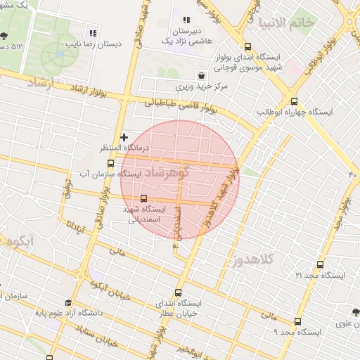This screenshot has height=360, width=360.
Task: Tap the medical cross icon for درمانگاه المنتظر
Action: tap(124, 137)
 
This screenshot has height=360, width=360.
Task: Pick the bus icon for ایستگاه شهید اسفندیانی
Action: tap(144, 198)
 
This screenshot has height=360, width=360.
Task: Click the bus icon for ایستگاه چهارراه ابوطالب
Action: tap(293, 101)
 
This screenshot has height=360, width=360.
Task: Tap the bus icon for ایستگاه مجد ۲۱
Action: tap(320, 265)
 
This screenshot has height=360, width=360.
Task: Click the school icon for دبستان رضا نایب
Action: tap(93, 33)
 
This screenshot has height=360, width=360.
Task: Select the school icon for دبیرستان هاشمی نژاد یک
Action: tap(186, 20)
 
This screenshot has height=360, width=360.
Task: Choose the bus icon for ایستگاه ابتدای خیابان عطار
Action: tap(177, 292)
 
